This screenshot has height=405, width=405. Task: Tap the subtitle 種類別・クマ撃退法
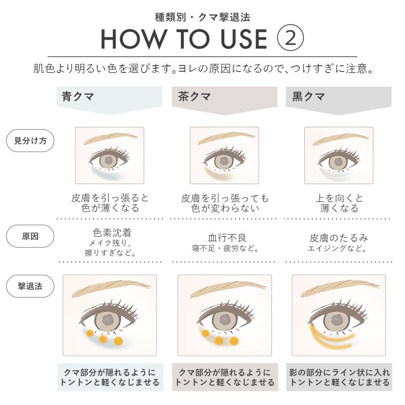[202, 18]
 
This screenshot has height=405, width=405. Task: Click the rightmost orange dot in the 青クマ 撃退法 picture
[119, 341]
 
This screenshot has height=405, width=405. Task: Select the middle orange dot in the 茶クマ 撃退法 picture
[219, 340]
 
